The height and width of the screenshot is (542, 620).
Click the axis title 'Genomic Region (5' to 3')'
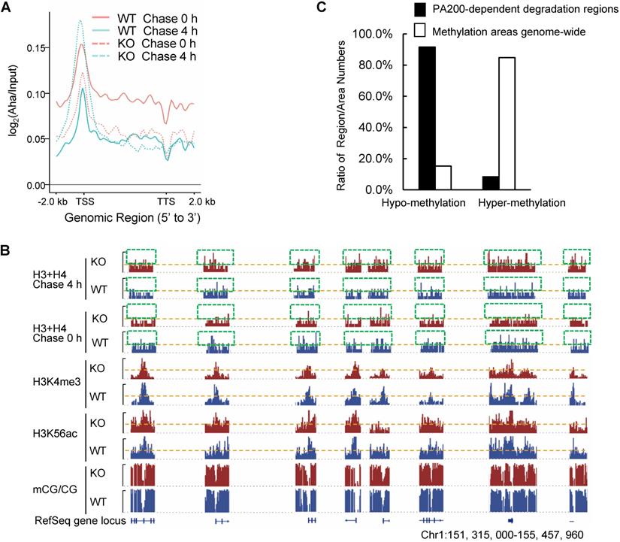[x=121, y=219]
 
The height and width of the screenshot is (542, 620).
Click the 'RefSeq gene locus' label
[x=77, y=519]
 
